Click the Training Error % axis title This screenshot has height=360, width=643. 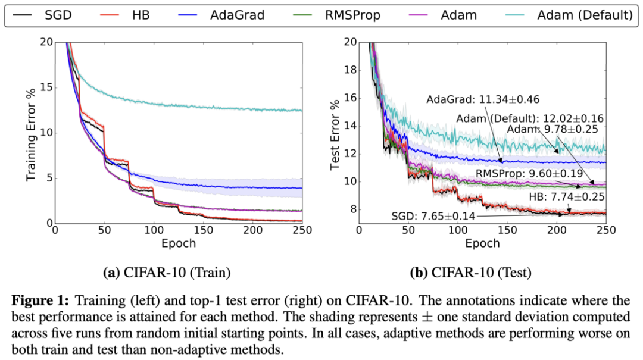(x=32, y=132)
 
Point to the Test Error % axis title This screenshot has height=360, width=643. (x=335, y=132)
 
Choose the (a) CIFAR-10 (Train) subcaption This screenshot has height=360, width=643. (x=167, y=273)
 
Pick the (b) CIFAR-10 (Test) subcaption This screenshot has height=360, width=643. (x=471, y=273)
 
